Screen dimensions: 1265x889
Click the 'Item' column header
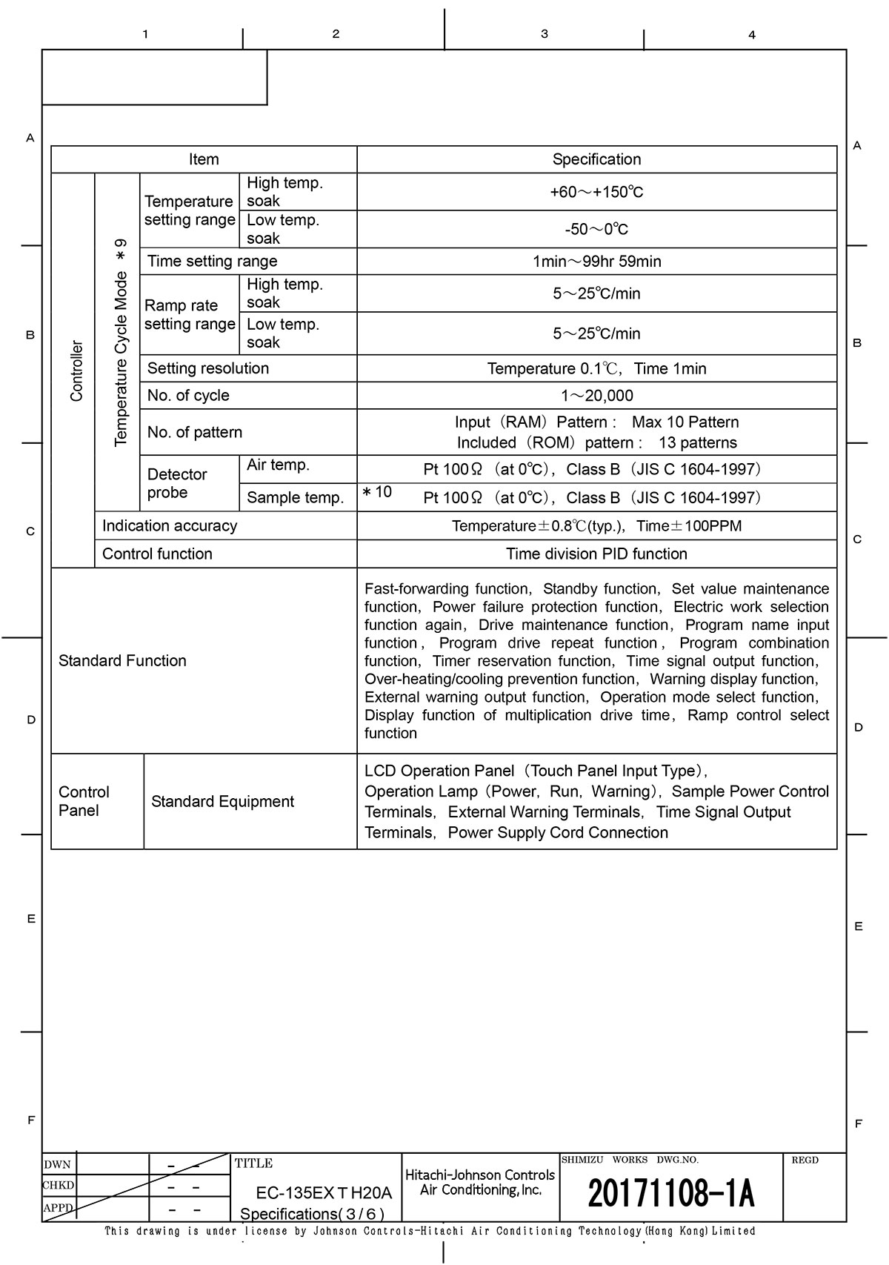204,159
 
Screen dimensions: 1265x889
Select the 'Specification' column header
596,159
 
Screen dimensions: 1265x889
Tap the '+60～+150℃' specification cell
596,192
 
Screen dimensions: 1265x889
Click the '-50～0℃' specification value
596,229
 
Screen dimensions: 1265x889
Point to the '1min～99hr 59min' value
596,261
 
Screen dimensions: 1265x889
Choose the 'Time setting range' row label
212,261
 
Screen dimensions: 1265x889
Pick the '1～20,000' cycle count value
596,396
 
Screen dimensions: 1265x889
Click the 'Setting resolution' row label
208,368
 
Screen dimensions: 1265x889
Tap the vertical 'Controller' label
76,371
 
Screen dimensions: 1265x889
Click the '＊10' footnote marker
377,492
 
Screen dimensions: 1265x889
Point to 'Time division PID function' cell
596,554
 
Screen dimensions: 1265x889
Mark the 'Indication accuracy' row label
170,525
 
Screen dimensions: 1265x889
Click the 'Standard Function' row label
122,660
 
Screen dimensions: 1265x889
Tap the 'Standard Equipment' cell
222,801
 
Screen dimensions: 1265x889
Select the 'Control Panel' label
84,801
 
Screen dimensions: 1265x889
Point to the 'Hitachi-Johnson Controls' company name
480,1175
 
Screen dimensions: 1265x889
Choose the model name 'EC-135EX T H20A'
323,1193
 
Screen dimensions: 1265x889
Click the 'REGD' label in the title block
805,1160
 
